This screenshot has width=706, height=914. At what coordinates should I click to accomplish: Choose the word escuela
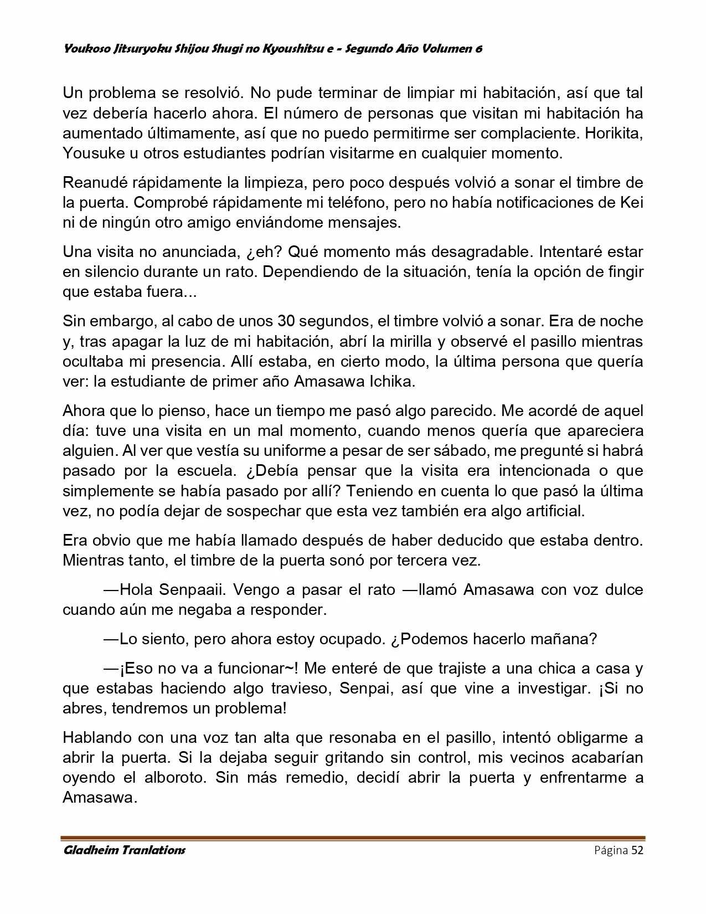coord(209,471)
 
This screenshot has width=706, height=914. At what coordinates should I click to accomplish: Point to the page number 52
coord(637,851)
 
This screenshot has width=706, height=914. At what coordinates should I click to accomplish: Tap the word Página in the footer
coord(611,851)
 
